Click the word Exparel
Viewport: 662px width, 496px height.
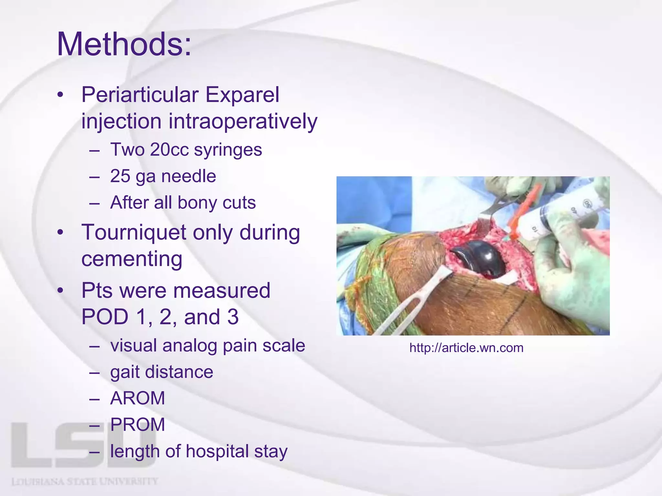[x=242, y=95]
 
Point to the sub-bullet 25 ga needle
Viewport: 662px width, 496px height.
[x=163, y=176]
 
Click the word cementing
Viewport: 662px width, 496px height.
[x=132, y=259]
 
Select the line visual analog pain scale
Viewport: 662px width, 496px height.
[x=208, y=346]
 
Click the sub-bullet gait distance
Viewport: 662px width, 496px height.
[x=162, y=372]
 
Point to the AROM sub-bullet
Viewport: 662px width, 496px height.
[x=138, y=398]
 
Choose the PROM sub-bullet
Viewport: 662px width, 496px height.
[x=138, y=425]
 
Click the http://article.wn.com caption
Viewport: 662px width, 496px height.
[x=466, y=348]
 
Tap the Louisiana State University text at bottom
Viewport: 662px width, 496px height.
[x=85, y=482]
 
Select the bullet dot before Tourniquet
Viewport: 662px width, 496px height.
[x=60, y=232]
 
